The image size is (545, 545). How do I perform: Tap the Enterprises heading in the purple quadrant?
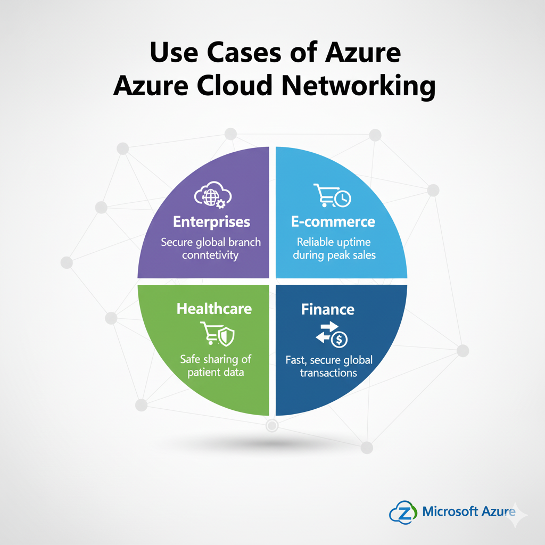tap(211, 221)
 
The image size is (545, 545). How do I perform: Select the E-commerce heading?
tap(333, 221)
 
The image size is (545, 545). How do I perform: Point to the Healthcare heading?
tap(214, 309)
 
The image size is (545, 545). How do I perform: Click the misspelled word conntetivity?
tap(211, 255)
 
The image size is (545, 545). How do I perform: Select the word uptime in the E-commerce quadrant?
tap(354, 242)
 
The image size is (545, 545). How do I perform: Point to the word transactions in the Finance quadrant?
tap(328, 373)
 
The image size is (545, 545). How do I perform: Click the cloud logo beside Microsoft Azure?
tap(403, 512)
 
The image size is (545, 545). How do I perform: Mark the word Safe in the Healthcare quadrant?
tap(190, 359)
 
